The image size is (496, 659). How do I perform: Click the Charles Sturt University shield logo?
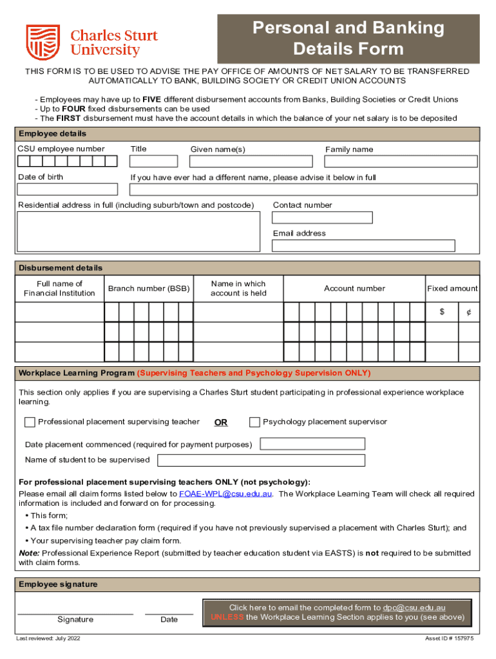[43, 42]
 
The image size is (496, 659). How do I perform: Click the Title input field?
[153, 162]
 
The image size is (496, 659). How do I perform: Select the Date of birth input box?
[68, 189]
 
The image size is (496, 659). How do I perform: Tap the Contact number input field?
[323, 218]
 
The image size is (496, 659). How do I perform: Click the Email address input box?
[363, 246]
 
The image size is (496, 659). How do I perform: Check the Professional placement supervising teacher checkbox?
[30, 422]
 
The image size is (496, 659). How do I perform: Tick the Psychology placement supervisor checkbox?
[254, 422]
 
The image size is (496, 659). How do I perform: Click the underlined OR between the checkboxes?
[221, 423]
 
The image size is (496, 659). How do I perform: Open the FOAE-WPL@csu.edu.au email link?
[225, 494]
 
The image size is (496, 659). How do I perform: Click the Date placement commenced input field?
[312, 444]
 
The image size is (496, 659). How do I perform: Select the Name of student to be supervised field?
[261, 460]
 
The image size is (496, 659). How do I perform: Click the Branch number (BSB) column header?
[149, 289]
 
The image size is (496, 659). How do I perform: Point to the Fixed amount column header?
[452, 289]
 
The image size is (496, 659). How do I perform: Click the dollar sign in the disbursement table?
[442, 312]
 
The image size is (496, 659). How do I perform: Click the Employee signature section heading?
[58, 584]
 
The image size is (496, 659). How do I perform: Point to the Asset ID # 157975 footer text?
[449, 638]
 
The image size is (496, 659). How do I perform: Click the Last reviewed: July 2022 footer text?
[48, 638]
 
